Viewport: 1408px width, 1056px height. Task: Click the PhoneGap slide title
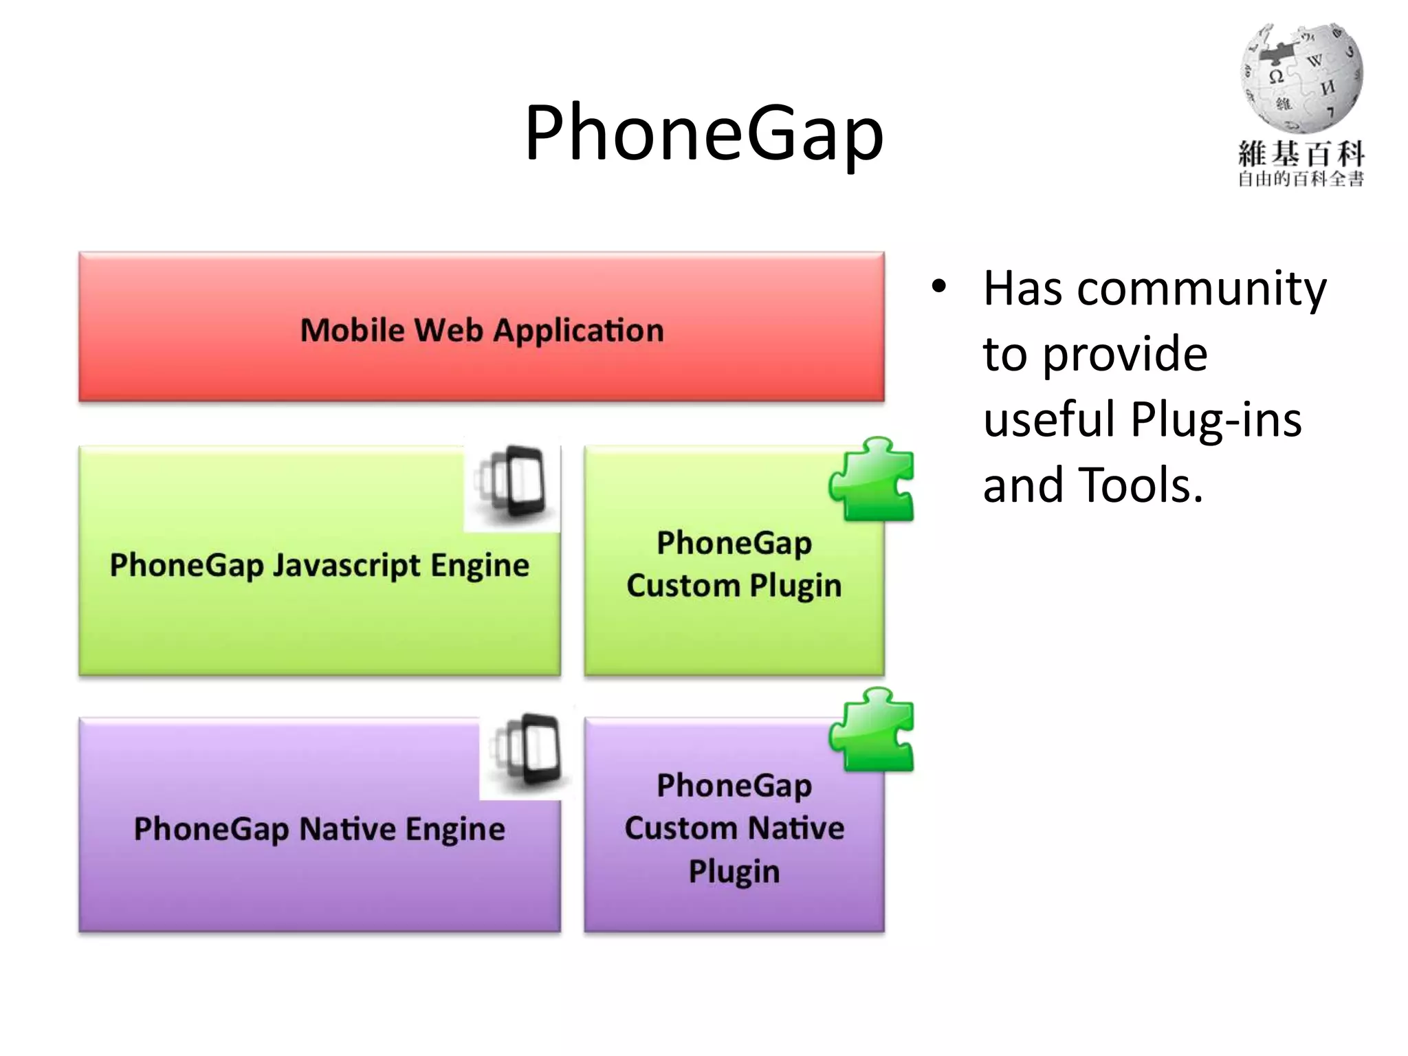tap(703, 133)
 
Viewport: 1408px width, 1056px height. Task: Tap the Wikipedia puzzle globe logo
tap(1301, 78)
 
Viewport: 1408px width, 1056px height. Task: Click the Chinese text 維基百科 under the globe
tap(1301, 154)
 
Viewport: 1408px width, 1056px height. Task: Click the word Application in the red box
tap(579, 331)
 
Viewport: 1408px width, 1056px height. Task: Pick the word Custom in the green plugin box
tap(683, 586)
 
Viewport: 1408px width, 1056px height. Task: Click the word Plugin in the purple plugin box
tap(734, 872)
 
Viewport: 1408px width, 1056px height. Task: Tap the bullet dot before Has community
tap(939, 287)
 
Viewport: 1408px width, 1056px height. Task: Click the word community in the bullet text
tap(1201, 289)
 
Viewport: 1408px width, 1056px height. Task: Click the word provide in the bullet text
tap(1125, 355)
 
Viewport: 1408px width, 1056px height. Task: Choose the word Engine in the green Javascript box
tap(480, 566)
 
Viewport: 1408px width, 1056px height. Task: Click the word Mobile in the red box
tap(352, 331)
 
